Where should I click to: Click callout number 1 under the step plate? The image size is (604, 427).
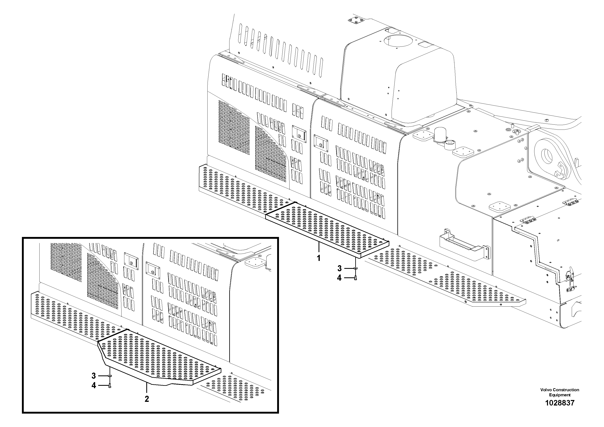click(x=319, y=258)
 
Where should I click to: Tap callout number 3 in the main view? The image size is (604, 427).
click(x=339, y=268)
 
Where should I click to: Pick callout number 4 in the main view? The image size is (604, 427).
click(x=339, y=278)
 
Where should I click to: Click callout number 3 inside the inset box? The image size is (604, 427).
click(x=94, y=376)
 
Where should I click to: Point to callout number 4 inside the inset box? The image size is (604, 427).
click(x=94, y=386)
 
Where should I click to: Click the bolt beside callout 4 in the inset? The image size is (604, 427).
click(x=110, y=386)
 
